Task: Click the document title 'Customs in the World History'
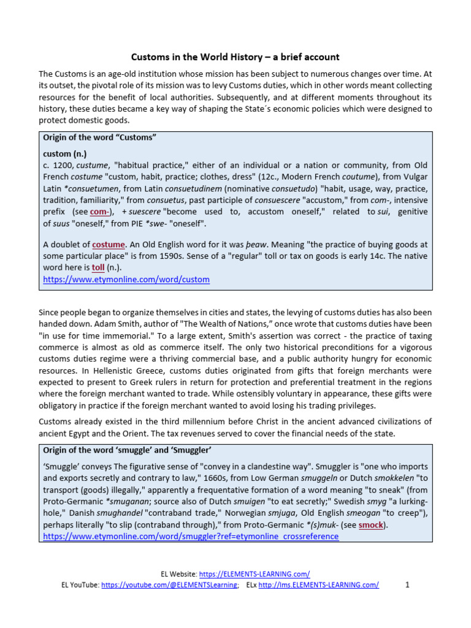(x=235, y=57)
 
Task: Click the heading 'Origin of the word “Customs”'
(x=100, y=137)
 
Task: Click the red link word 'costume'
(x=109, y=245)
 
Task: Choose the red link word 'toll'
(x=98, y=268)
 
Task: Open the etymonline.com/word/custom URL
(x=126, y=280)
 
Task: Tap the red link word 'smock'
(x=371, y=525)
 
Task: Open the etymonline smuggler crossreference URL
(x=190, y=537)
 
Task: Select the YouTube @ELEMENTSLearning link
(x=169, y=585)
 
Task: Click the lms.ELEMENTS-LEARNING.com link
(x=318, y=585)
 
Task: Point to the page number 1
(x=407, y=585)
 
